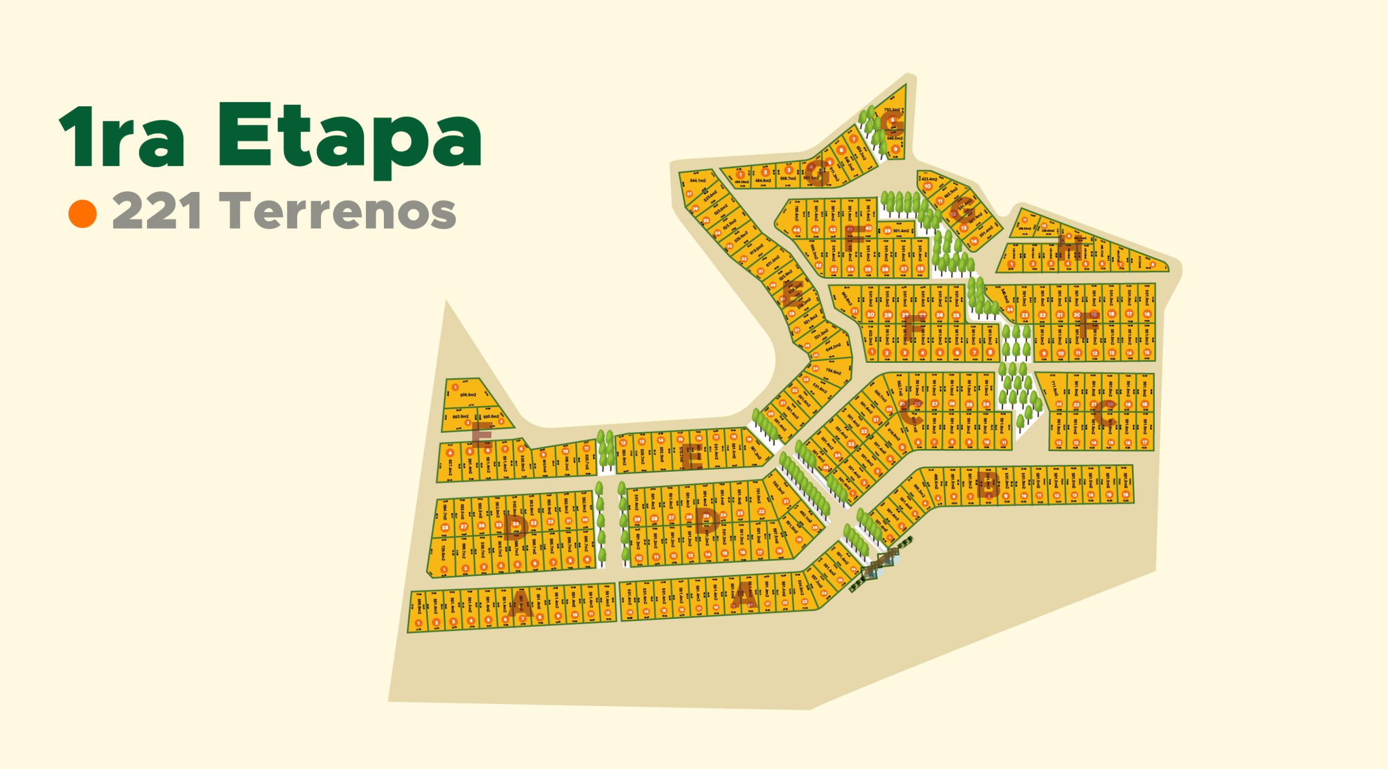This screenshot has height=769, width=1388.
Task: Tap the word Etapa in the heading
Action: tap(350, 138)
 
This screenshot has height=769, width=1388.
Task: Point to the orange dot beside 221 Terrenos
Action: tap(82, 214)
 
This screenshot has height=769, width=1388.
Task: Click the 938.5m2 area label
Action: tap(468, 395)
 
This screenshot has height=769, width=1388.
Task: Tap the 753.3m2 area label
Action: tap(892, 110)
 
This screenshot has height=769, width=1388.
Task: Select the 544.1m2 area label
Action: tap(698, 181)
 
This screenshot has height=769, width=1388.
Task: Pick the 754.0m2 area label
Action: tap(833, 372)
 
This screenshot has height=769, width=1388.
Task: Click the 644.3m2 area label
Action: tap(833, 347)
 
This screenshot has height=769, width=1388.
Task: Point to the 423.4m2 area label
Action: tap(929, 179)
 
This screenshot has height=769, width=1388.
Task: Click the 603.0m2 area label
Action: tap(460, 416)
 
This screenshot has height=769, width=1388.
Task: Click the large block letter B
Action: tap(988, 485)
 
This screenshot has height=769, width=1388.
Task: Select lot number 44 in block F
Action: tap(796, 230)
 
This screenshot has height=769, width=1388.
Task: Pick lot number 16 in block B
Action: tap(1126, 495)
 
